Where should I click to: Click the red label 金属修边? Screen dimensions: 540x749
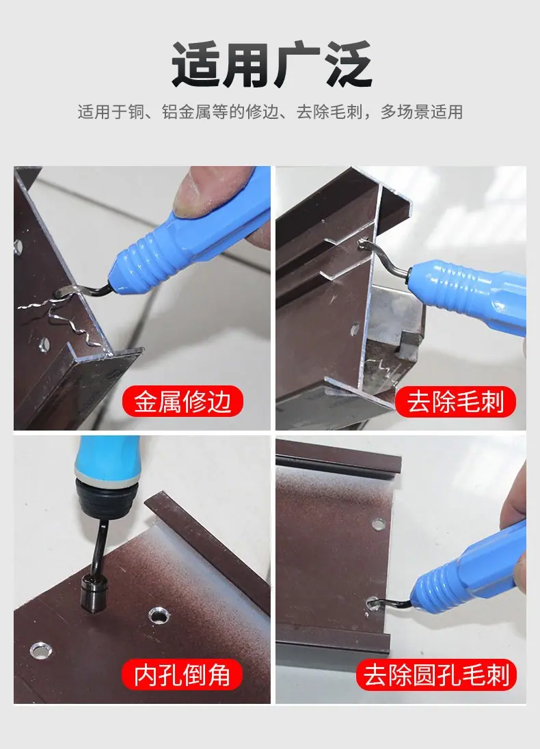coord(183,401)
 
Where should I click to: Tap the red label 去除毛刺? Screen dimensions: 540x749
coord(455,401)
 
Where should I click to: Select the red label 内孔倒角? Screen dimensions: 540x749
coord(182,674)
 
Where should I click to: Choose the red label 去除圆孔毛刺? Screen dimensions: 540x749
coord(436,674)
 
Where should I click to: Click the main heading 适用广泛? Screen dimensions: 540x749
coord(271,65)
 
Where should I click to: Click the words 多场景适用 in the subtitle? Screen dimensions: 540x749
coord(422,112)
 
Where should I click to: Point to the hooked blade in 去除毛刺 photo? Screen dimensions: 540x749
coord(383,258)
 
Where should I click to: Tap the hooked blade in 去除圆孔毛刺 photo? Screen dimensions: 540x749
coord(390,603)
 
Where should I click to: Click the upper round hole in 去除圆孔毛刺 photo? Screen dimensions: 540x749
coord(379,524)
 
